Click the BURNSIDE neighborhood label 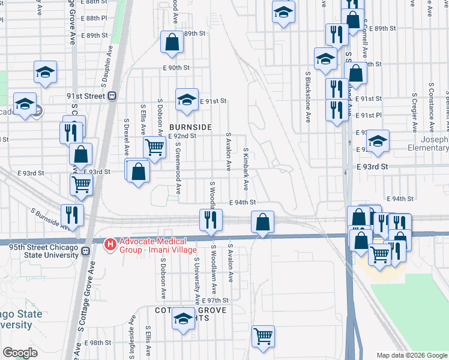click(x=190, y=127)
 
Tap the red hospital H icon click(x=110, y=244)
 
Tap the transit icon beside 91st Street click(x=112, y=97)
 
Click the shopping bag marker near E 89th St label click(x=172, y=42)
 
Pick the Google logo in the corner click(x=20, y=353)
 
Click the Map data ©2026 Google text click(x=411, y=355)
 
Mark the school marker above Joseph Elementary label click(x=378, y=141)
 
